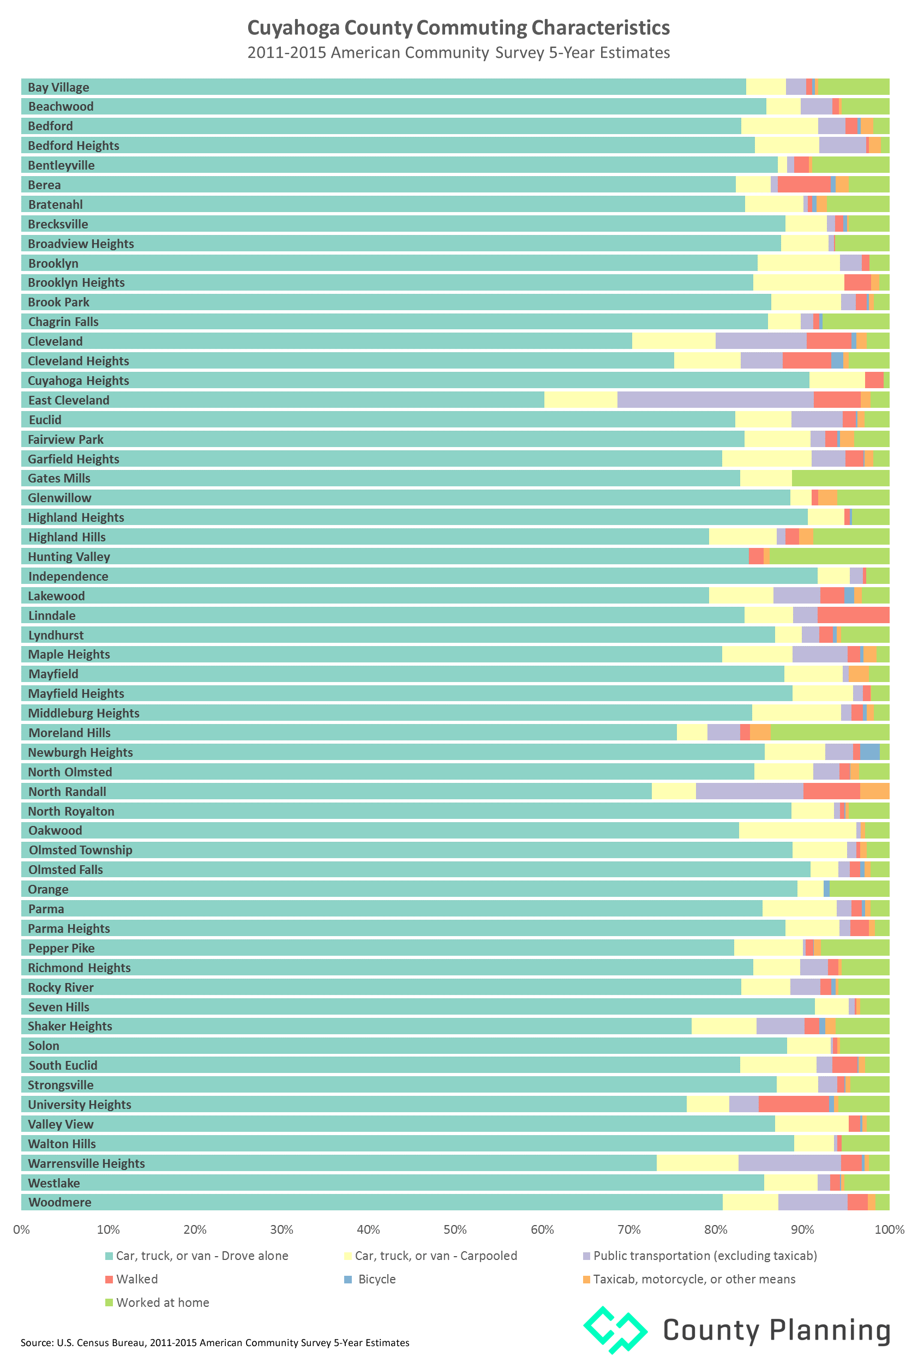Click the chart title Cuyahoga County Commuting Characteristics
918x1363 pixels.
[458, 27]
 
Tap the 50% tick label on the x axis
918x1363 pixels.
[455, 1229]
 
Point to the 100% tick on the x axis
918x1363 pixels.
[889, 1229]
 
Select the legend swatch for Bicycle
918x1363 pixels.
[349, 1280]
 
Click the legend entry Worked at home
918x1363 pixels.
[162, 1302]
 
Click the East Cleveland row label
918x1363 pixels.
[69, 400]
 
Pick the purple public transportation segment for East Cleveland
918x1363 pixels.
[715, 400]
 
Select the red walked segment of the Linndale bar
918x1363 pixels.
[853, 616]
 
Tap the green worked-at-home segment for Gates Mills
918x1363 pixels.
[840, 479]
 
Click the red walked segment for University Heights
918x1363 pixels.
[793, 1105]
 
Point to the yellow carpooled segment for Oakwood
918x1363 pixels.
[797, 830]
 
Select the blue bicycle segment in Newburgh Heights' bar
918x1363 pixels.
[869, 752]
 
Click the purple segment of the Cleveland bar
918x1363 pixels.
[760, 341]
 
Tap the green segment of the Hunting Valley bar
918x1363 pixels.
[829, 557]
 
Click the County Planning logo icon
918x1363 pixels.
[615, 1330]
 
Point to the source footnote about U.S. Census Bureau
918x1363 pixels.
[215, 1342]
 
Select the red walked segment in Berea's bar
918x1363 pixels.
[804, 185]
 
